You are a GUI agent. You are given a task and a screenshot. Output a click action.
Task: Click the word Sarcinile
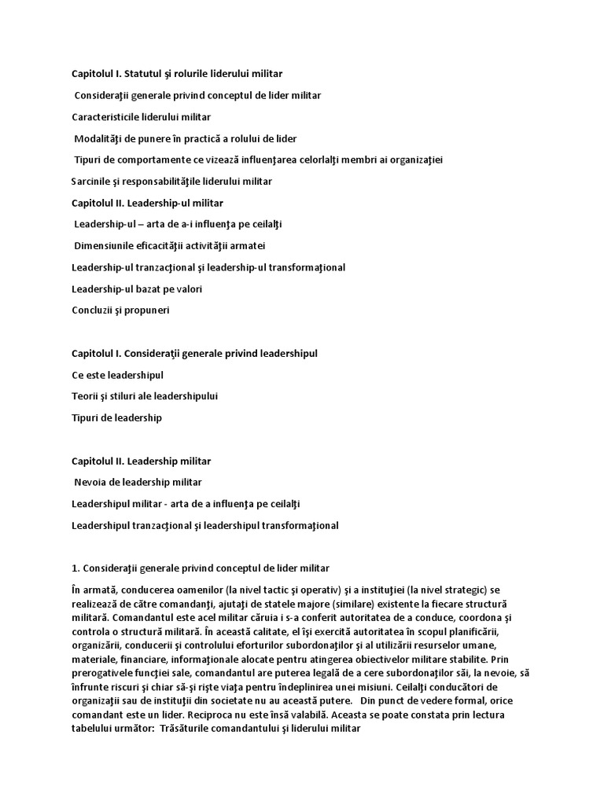(92, 182)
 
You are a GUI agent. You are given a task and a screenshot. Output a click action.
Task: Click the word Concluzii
(93, 311)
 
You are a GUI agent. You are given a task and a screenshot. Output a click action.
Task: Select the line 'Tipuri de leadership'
(116, 418)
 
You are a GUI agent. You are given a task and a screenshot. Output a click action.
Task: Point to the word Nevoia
(90, 483)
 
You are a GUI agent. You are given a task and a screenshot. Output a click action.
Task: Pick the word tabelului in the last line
(93, 729)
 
